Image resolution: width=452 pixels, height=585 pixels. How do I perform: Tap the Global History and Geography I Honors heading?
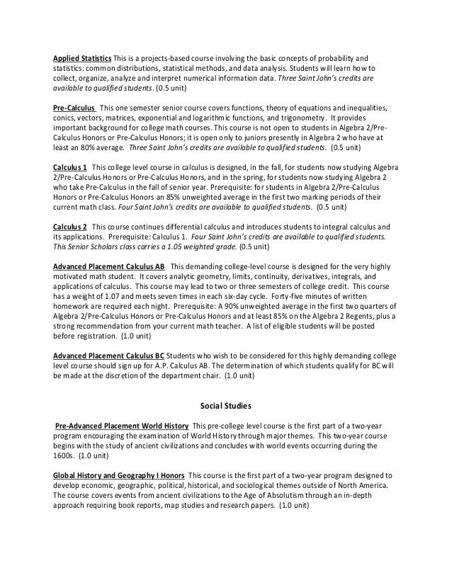[119, 475]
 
